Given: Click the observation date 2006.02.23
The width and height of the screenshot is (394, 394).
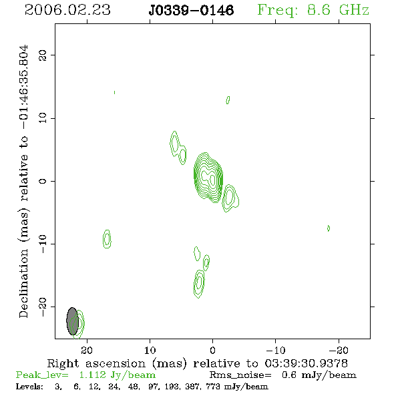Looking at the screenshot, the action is click(x=67, y=10).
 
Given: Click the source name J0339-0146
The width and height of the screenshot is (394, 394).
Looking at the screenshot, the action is click(x=191, y=10).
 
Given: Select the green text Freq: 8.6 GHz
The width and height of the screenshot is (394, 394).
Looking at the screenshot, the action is click(x=313, y=10).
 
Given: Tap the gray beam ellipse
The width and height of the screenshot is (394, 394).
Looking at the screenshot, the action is click(x=72, y=321).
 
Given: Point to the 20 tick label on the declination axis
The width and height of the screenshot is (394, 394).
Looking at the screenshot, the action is click(x=43, y=55).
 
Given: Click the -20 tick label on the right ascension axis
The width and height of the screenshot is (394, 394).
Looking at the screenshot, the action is click(x=339, y=350).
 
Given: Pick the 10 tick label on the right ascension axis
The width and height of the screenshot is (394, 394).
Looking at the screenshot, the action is click(x=150, y=350).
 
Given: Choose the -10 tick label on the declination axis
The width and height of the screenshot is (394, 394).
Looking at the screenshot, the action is click(x=43, y=244).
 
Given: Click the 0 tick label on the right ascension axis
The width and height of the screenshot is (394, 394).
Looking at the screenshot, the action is click(x=212, y=350).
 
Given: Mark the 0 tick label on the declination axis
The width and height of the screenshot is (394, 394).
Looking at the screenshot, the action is click(x=43, y=181).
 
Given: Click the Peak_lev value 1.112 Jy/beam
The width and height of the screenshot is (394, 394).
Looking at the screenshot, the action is click(x=118, y=375).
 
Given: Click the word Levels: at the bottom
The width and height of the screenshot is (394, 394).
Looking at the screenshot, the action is click(x=29, y=386).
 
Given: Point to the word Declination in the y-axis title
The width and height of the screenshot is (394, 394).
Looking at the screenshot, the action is click(x=23, y=283).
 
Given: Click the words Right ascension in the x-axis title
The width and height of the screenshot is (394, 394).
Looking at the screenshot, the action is click(x=96, y=363).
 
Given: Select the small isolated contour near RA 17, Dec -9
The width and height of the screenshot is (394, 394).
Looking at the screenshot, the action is click(x=107, y=239).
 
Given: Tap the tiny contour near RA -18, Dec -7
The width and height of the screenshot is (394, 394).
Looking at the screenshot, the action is click(x=329, y=228).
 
